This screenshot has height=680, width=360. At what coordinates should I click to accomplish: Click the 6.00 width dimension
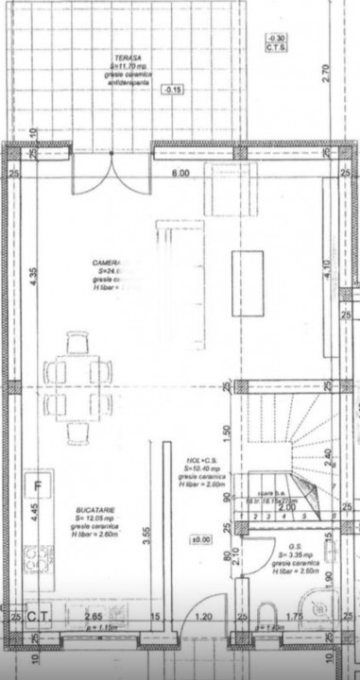coord(180,174)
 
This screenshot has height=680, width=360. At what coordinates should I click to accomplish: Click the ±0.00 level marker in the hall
coord(200,539)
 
